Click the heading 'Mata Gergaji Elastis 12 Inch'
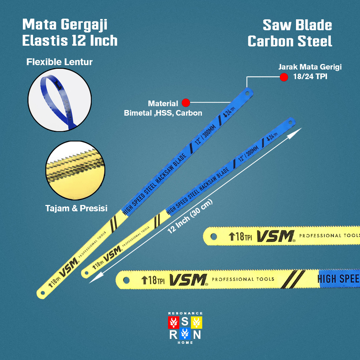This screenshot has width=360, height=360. [70, 33]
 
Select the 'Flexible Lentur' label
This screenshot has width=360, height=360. [59, 62]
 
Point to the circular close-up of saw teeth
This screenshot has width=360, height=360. [76, 171]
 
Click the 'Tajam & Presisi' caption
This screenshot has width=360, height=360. [76, 208]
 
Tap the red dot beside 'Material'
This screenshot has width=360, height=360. [186, 103]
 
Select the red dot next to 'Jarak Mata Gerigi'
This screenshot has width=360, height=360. [284, 77]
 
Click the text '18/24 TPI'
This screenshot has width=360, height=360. [310, 76]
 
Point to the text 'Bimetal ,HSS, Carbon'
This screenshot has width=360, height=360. [163, 113]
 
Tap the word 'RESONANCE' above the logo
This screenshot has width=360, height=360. [185, 313]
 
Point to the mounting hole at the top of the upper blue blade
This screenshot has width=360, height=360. [247, 94]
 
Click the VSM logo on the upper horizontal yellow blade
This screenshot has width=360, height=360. [275, 236]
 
